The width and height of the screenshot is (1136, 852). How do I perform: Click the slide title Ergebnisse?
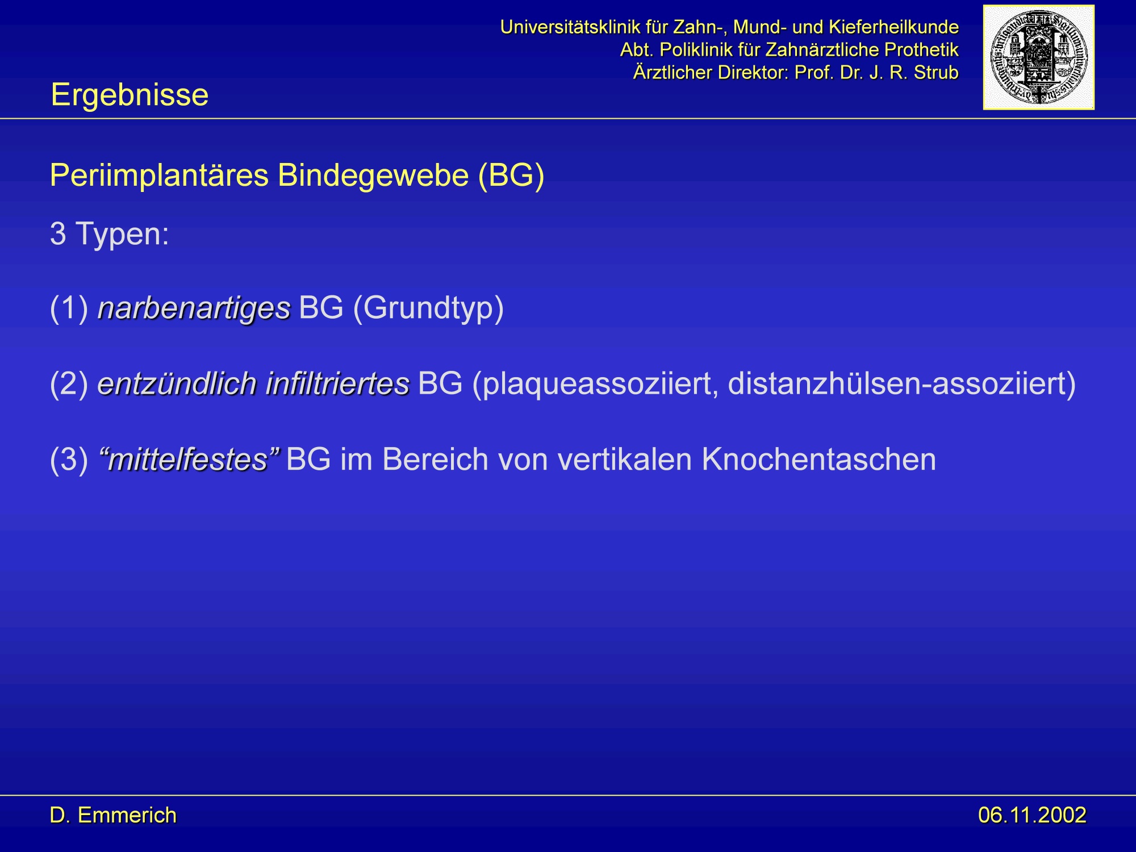click(130, 94)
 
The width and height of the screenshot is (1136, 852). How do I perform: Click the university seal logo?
click(1038, 57)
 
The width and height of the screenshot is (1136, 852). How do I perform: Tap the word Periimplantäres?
click(159, 175)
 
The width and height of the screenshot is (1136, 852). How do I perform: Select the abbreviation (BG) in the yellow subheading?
click(511, 175)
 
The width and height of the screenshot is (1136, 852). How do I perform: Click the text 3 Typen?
click(110, 234)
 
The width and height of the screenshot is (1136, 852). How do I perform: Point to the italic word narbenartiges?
click(194, 308)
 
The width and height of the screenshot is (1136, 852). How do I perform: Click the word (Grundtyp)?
click(428, 308)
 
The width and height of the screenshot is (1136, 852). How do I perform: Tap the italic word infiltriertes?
click(338, 383)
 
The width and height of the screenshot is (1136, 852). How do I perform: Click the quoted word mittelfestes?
click(189, 459)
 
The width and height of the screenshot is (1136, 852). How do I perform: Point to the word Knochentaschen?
click(818, 459)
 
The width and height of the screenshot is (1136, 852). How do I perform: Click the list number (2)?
click(69, 383)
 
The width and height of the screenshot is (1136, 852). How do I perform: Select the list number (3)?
click(69, 459)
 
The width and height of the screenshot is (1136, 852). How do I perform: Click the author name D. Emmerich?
click(113, 815)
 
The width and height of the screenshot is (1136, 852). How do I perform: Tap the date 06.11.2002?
click(1032, 815)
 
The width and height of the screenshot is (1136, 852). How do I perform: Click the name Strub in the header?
click(936, 73)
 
